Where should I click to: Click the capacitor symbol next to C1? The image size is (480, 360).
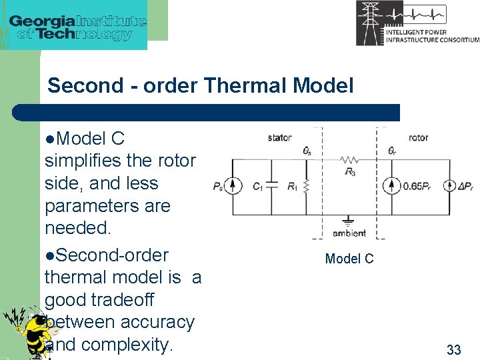coord(271,187)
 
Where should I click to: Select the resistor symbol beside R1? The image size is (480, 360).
coord(306,187)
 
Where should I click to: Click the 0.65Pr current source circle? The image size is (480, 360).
coord(392,187)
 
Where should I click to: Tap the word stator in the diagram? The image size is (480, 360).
coord(279,138)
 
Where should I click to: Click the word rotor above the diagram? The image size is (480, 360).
coord(418,138)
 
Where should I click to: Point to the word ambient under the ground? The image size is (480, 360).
coord(349,233)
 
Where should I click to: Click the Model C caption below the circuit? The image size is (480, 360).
coord(349,259)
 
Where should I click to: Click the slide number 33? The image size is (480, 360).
coord(453,349)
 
